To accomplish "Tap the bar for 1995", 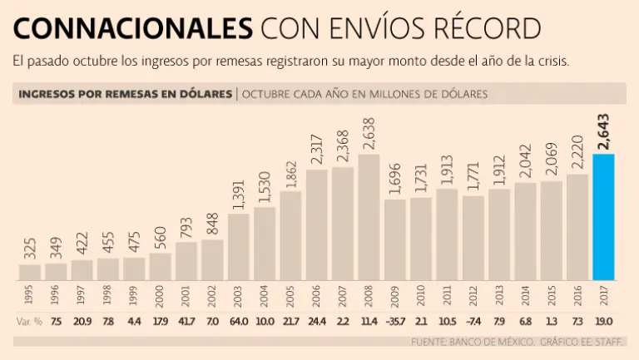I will click(30, 272).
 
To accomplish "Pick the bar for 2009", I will click(395, 239).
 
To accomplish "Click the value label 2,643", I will click(603, 131).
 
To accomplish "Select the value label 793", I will click(186, 224).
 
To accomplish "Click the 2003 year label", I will click(239, 295).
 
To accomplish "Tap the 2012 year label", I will click(473, 295).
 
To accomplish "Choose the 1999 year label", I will click(134, 295).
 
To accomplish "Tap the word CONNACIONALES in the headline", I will click(133, 29).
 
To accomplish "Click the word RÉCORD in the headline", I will click(485, 29).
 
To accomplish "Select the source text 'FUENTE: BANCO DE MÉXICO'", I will click(469, 342).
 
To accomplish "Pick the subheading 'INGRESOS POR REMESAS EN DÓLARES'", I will click(125, 94).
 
